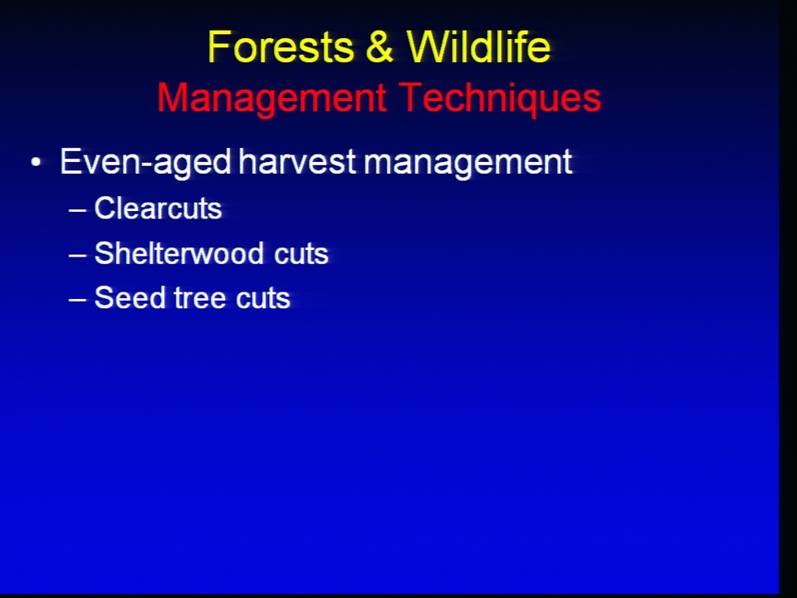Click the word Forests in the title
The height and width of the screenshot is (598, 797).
pos(281,47)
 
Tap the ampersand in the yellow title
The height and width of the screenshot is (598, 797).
pos(379,47)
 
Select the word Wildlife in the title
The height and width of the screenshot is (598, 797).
pos(478,47)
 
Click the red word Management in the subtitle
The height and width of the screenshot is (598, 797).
pos(271,99)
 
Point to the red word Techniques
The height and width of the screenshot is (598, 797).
pos(500,99)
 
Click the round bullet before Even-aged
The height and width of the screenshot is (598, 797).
pos(36,163)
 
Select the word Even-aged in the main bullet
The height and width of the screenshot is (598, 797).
pos(146,162)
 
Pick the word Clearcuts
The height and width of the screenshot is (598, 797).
pos(158,208)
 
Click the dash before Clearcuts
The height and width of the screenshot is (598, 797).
pos(77,209)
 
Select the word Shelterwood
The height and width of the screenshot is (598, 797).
pos(179,252)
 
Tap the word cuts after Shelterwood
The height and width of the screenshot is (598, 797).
pos(301,254)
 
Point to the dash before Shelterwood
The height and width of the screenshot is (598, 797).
pos(77,254)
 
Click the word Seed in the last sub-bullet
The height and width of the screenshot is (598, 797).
pos(130,297)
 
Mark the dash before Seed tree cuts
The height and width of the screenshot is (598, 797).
pos(77,299)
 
